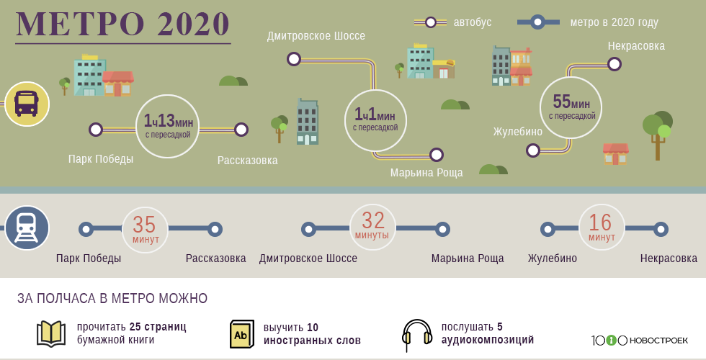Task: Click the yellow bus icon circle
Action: tap(27, 104)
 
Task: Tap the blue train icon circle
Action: tap(27, 228)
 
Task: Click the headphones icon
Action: tap(416, 335)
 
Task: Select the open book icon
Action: tap(50, 333)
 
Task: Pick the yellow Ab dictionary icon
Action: tap(242, 334)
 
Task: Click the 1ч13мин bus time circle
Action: tap(167, 127)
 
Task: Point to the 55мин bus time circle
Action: tap(571, 108)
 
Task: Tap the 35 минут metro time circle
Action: tap(145, 229)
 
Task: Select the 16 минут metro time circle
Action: tap(602, 228)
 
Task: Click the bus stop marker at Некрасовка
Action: tap(614, 64)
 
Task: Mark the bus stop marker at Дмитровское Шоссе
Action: tap(294, 59)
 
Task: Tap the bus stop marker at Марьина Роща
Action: tap(436, 155)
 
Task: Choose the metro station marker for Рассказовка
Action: tap(215, 229)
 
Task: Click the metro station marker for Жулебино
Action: tap(548, 229)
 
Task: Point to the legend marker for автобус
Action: tap(431, 22)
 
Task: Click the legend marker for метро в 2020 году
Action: tap(537, 22)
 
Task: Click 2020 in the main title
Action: tap(194, 24)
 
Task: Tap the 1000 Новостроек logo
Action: tap(640, 340)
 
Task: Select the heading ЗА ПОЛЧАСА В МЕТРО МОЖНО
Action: tap(112, 298)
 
